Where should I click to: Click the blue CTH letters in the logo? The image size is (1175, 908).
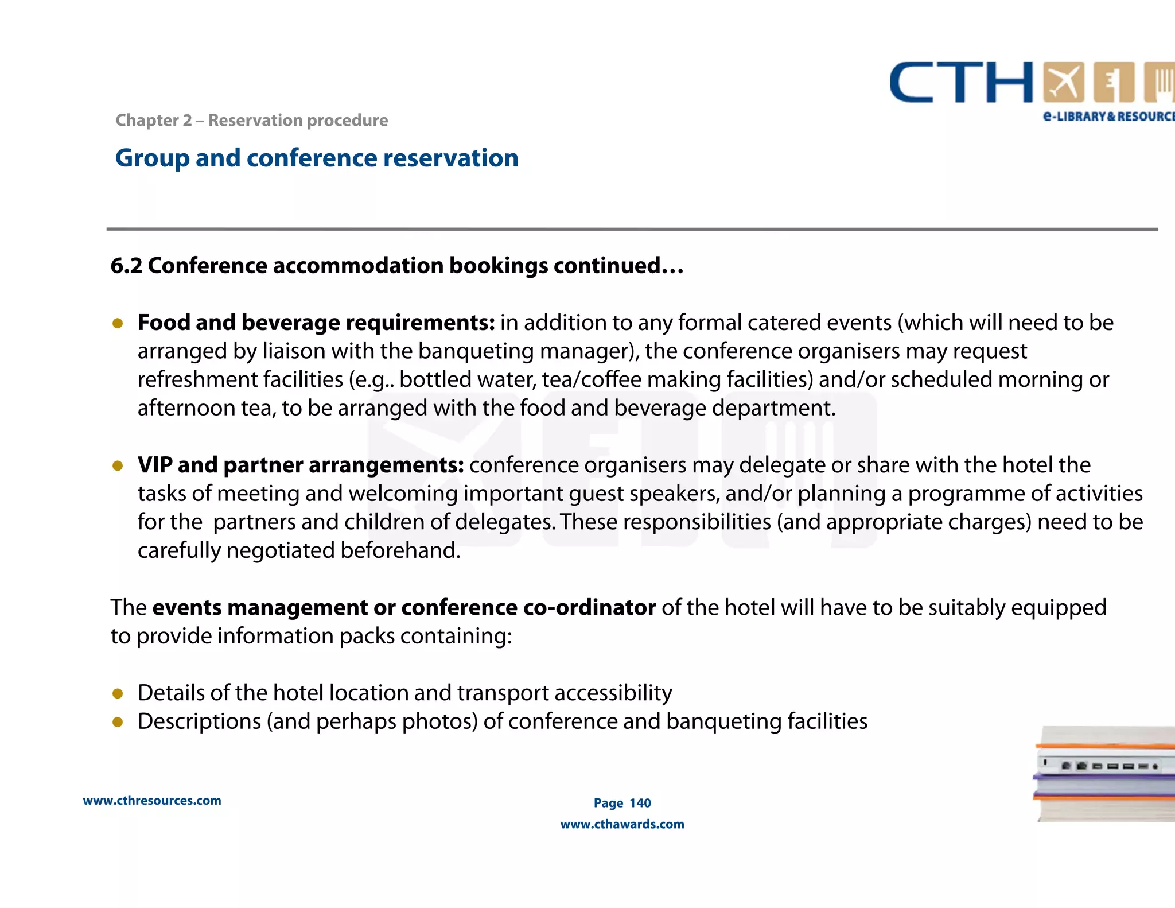(961, 83)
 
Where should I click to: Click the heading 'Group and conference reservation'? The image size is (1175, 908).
(317, 158)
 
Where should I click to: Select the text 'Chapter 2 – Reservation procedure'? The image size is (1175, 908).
(251, 121)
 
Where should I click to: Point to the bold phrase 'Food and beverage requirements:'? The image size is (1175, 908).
(316, 323)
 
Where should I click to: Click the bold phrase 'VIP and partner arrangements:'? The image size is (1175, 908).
(301, 465)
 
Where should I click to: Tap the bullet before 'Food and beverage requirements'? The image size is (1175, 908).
(118, 324)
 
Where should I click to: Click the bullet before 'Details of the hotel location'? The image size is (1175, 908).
(118, 694)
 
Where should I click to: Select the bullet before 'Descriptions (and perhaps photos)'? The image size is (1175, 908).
(118, 722)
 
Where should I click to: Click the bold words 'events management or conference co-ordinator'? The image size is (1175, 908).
(404, 607)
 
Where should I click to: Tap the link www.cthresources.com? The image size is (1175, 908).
(152, 801)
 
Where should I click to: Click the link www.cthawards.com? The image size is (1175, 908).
(622, 824)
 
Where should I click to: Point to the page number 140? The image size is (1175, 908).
(640, 803)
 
